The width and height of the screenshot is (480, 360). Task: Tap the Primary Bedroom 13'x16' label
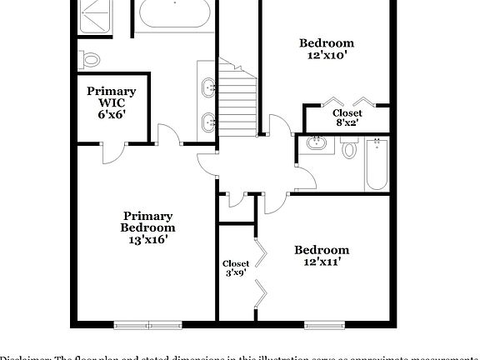point(147,227)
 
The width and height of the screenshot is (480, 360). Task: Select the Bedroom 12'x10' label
point(327,49)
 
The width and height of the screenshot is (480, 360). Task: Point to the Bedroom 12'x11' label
point(321,256)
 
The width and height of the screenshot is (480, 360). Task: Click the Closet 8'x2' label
point(347,117)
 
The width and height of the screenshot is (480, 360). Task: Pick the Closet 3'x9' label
point(236,268)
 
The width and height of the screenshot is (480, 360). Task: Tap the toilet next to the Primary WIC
point(90,59)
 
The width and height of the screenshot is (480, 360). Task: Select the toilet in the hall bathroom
point(349,148)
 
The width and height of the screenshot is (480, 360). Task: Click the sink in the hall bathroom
point(316,143)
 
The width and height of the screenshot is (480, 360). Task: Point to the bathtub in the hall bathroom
point(377,163)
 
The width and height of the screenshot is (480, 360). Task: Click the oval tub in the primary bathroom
point(175,13)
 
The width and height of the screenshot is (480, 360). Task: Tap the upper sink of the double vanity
point(208,86)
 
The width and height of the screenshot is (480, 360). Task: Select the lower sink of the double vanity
point(208,122)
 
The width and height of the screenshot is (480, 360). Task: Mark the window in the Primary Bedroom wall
point(147,323)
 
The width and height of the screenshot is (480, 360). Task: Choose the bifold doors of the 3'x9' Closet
point(260,271)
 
